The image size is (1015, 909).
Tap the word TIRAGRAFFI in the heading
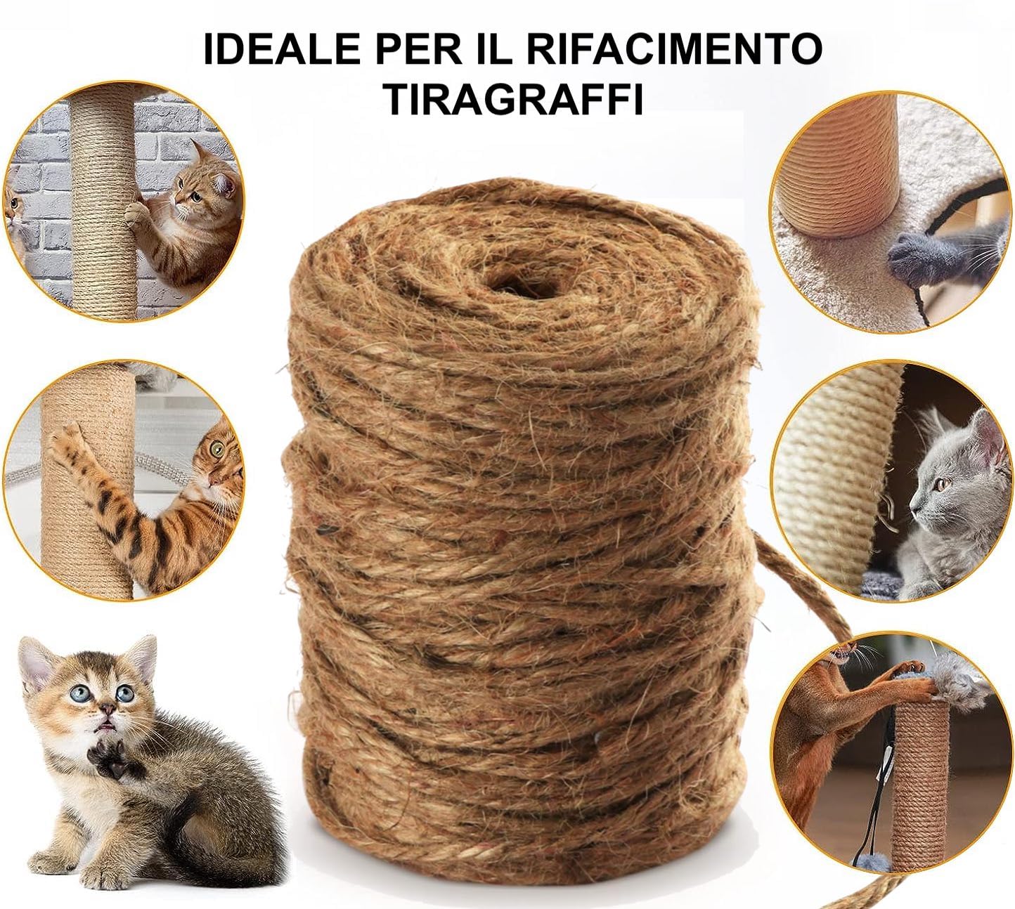point(513,98)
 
